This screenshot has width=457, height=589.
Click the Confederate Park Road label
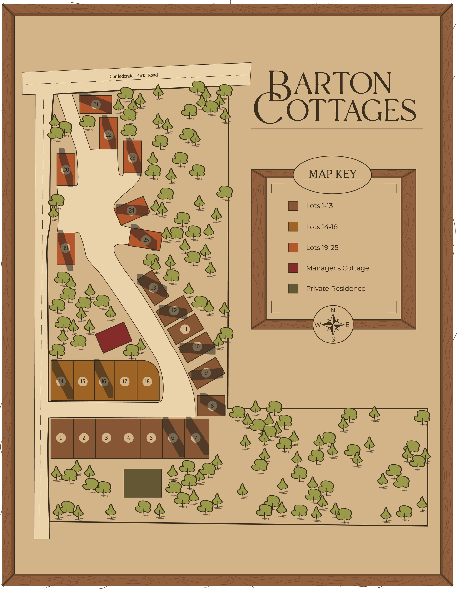point(134,76)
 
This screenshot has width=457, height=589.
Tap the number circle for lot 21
point(96,104)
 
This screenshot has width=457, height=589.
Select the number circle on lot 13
point(154,287)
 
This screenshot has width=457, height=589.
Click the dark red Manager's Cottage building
point(114,338)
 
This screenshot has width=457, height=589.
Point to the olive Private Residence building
point(142,483)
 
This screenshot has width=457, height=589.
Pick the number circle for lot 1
point(61,438)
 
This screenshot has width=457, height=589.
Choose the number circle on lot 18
point(147,381)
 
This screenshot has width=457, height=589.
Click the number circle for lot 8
point(212,406)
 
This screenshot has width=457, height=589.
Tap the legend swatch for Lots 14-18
point(293,227)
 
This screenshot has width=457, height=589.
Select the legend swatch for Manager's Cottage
point(293,268)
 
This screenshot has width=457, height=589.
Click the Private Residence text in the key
point(336,289)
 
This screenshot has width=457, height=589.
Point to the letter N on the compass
point(333,310)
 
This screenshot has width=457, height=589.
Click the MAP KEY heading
point(332,174)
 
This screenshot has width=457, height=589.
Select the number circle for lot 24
point(132,211)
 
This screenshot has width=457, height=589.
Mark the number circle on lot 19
point(65,248)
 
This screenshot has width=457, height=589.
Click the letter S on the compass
point(333,339)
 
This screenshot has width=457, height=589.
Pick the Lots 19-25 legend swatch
point(293,247)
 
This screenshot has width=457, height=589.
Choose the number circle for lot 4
point(129,438)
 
